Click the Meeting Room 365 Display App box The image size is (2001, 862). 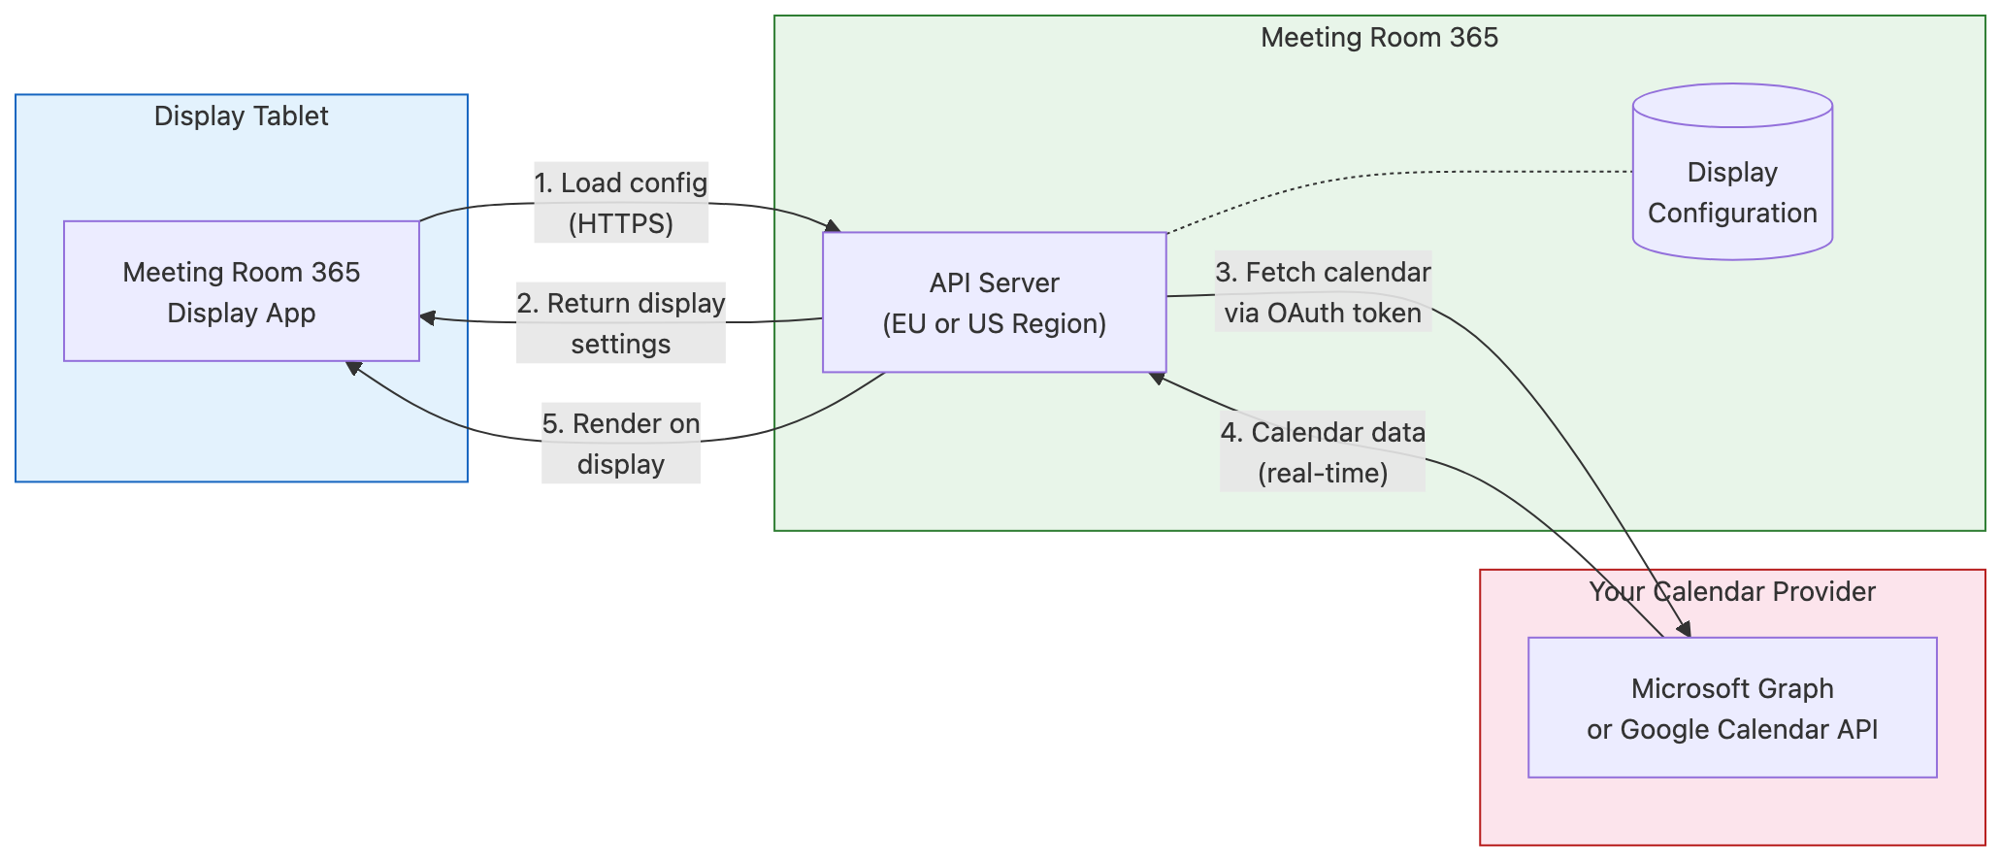pos(241,291)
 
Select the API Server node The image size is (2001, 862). pos(994,302)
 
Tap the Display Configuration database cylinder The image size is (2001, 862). pos(1732,175)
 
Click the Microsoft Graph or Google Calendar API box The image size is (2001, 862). pos(1732,708)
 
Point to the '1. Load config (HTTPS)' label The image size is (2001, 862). pos(621,202)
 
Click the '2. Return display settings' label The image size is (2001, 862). pos(621,322)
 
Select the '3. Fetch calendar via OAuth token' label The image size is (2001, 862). pos(1323,291)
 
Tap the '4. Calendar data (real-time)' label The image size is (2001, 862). pos(1323,451)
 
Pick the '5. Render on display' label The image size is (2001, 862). pos(621,443)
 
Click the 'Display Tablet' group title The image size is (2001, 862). pos(241,116)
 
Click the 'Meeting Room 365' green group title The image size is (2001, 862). pos(1379,37)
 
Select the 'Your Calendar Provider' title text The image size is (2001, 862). pos(1732,591)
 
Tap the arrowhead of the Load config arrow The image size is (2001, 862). pos(832,226)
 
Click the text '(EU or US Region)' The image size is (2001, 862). pos(994,323)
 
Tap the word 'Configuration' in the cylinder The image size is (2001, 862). pos(1732,213)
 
